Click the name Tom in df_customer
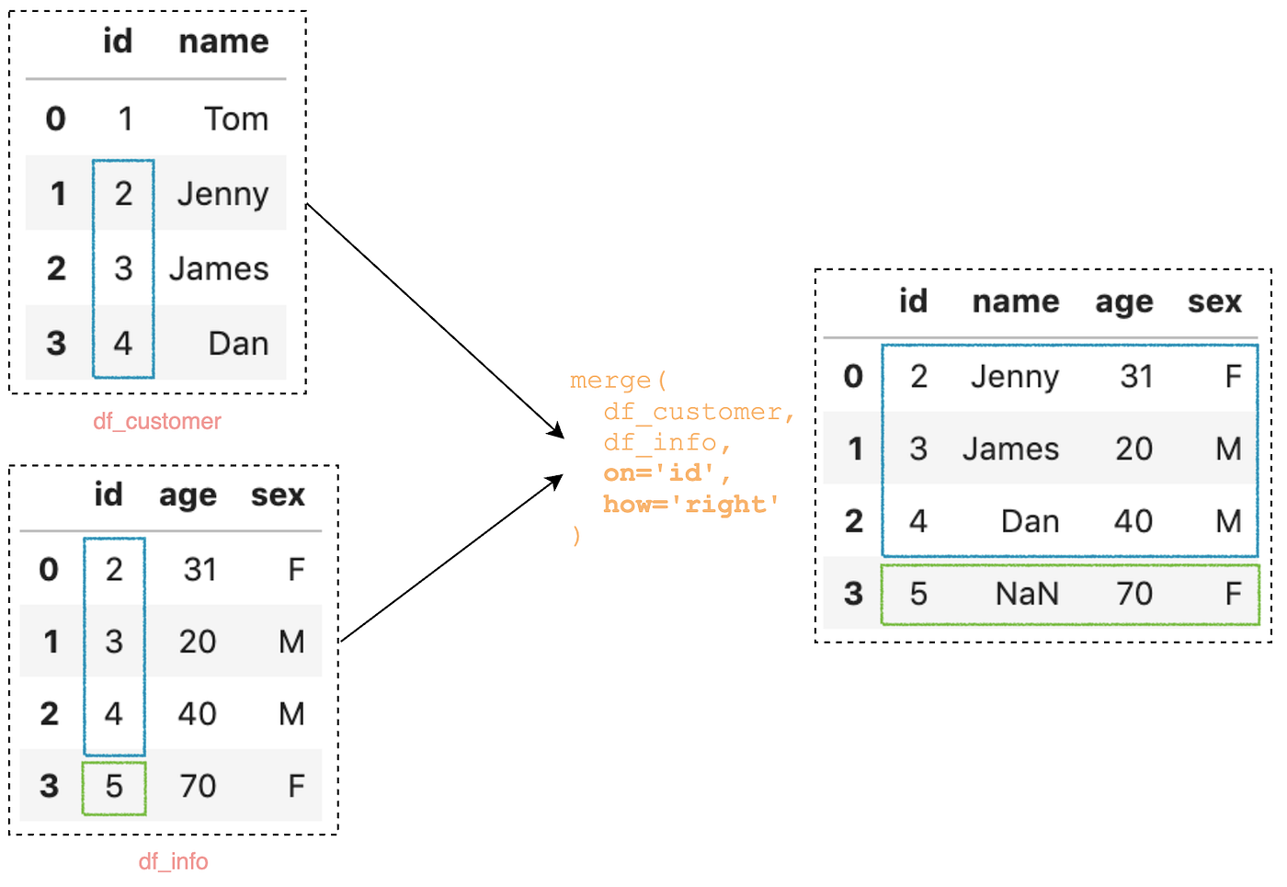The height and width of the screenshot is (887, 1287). click(x=236, y=119)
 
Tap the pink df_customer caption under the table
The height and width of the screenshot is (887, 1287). click(x=157, y=421)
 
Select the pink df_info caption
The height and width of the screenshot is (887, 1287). click(x=173, y=861)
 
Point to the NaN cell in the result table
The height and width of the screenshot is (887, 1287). click(x=1027, y=594)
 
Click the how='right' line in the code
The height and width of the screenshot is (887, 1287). click(x=690, y=504)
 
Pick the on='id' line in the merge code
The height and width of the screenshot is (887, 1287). click(x=666, y=472)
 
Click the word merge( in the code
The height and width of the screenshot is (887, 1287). click(x=618, y=380)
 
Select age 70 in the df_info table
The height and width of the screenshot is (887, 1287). click(x=198, y=786)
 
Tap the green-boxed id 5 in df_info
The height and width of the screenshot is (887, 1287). click(x=114, y=787)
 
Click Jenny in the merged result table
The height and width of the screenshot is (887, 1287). click(x=1015, y=376)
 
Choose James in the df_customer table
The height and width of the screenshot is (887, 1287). click(x=219, y=268)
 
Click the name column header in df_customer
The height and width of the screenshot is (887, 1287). click(x=223, y=41)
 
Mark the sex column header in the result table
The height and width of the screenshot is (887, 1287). click(x=1214, y=301)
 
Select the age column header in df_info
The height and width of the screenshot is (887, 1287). click(x=188, y=495)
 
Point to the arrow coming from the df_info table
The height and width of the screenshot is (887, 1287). click(x=450, y=559)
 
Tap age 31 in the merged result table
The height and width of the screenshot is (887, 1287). click(x=1136, y=376)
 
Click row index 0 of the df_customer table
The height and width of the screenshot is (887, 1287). click(x=56, y=119)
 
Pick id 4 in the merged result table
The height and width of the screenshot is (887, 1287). click(x=918, y=521)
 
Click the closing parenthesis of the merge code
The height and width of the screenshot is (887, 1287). click(x=576, y=535)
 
